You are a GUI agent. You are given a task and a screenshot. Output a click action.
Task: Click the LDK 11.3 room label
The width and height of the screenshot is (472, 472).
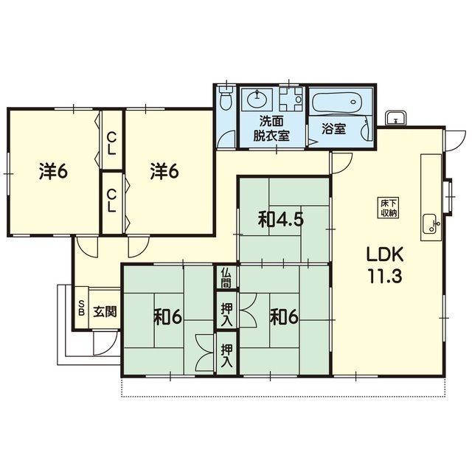[x=384, y=265]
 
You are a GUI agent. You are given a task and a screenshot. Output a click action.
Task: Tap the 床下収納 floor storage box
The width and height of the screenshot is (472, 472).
[x=389, y=208]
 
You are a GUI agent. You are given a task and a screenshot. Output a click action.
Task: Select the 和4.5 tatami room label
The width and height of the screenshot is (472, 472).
[x=281, y=221]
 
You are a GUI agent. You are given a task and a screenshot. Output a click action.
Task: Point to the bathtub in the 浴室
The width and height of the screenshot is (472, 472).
[x=337, y=102]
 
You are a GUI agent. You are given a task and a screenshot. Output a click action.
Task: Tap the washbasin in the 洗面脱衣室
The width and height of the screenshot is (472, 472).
[x=257, y=98]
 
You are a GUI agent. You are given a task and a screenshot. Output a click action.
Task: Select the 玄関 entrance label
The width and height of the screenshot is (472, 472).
[x=105, y=311]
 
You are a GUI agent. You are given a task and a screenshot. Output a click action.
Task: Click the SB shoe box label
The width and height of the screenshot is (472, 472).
[x=81, y=308]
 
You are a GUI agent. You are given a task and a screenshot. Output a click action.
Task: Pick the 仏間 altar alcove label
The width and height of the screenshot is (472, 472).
[x=226, y=277]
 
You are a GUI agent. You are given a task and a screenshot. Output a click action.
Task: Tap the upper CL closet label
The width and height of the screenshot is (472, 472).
[x=111, y=144]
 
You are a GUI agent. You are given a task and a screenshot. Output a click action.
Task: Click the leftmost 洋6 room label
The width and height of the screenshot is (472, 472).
[x=53, y=172]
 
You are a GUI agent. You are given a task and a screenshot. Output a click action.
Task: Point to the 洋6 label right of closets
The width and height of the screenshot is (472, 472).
[x=164, y=172]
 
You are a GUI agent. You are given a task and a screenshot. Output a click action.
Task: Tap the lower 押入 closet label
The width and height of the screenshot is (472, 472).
[x=226, y=355]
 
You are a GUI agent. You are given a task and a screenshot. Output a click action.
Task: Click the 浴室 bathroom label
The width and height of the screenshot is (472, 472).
[x=333, y=129]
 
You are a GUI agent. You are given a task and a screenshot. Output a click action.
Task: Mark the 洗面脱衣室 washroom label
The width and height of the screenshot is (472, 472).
[x=271, y=129]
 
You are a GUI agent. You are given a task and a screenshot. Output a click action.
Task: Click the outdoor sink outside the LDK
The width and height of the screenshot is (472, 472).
[x=395, y=118]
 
